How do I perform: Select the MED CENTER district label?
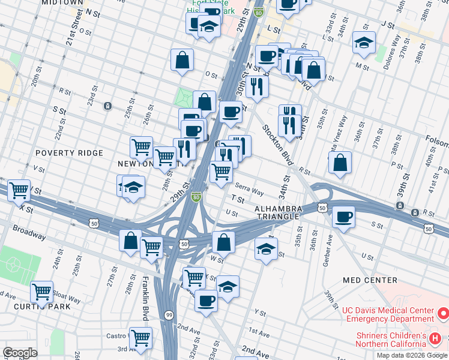[x=370, y=280]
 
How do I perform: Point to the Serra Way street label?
[x=249, y=189]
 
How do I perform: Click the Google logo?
[x=20, y=353]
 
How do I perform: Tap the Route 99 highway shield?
[x=169, y=314]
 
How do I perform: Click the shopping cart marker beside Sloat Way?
[x=41, y=292]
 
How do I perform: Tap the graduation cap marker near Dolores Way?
[x=364, y=43]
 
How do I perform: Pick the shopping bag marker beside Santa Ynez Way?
[x=340, y=162]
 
